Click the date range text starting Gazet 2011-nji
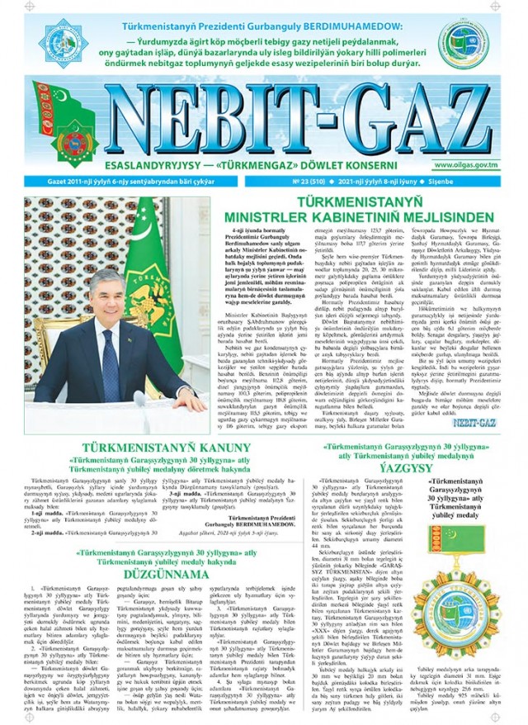click(99, 180)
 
